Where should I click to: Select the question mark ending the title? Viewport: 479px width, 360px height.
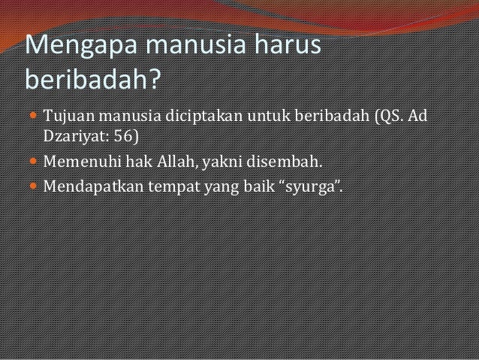coord(153,78)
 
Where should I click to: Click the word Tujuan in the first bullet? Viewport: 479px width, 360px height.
coord(71,118)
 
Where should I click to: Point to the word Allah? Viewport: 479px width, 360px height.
coord(176,161)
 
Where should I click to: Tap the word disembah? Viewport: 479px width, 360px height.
coord(286,161)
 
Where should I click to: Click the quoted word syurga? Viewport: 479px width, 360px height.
coord(311,183)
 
